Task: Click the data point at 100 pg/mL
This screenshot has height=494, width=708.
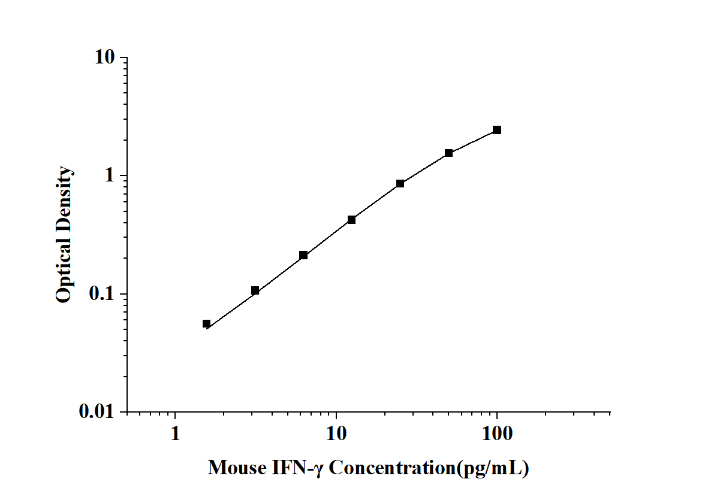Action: (497, 130)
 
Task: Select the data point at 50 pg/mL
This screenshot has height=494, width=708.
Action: (448, 153)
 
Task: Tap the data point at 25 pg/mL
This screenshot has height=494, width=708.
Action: (400, 183)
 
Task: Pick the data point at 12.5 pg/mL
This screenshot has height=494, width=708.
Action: (351, 220)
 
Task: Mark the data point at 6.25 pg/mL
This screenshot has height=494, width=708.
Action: (303, 255)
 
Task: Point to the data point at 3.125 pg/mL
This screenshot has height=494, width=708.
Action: (255, 290)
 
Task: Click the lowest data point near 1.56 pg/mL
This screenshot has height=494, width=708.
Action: (206, 324)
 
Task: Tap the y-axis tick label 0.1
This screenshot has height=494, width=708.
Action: (101, 295)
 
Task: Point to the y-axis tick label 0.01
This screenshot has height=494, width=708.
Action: (96, 413)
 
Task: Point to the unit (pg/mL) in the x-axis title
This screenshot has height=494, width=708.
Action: (493, 468)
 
